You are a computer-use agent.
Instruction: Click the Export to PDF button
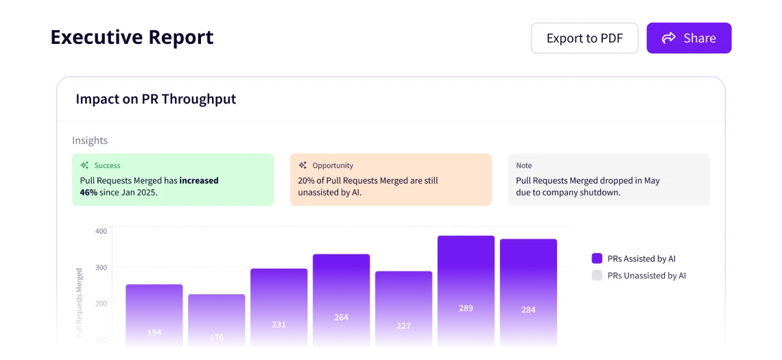(x=584, y=38)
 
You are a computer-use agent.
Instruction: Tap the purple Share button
(x=689, y=38)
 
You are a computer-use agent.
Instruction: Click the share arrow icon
(x=669, y=38)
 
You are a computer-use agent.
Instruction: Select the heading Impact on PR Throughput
(x=156, y=99)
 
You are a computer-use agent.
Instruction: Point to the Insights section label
(x=90, y=141)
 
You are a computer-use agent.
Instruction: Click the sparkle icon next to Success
(x=84, y=165)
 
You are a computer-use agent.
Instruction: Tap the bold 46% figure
(x=88, y=193)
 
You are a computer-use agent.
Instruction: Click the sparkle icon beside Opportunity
(x=303, y=165)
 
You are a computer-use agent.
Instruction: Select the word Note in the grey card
(x=523, y=165)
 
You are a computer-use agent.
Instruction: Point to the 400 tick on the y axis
(x=101, y=231)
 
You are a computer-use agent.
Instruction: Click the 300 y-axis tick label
(x=101, y=267)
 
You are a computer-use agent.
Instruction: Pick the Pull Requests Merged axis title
(x=79, y=302)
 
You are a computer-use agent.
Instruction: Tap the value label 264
(x=341, y=317)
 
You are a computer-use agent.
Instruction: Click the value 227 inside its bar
(x=403, y=326)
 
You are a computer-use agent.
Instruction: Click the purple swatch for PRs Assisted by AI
(x=597, y=259)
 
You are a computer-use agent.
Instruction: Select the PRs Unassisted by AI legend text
(x=646, y=276)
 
